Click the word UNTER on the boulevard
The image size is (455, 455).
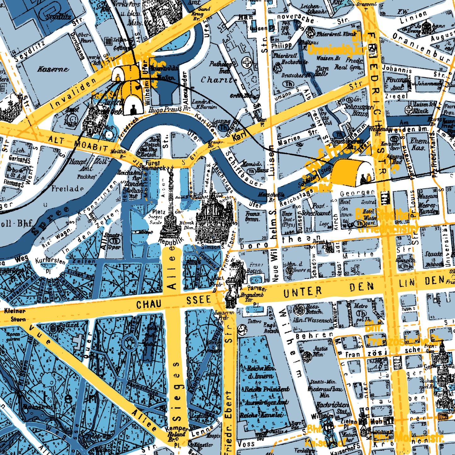(302, 292)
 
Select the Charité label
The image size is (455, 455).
(219, 80)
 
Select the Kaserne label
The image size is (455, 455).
(53, 69)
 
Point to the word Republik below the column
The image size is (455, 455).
(171, 241)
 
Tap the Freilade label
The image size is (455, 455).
(67, 189)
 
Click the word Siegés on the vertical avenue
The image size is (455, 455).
(177, 397)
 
